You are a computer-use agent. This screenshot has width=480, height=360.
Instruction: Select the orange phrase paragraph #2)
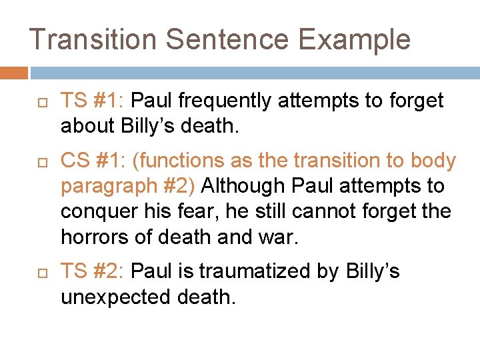[128, 186]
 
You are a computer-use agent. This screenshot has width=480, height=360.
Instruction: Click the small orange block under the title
[14, 73]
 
